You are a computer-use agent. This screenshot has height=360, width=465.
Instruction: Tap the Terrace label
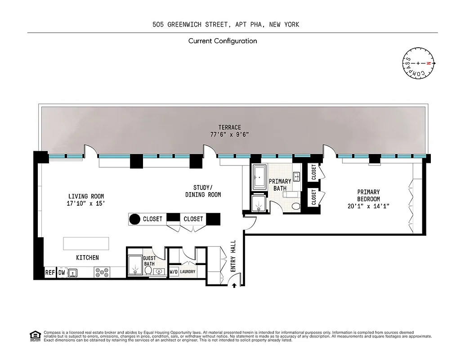pos(229,127)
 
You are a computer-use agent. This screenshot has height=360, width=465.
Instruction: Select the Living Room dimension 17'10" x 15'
pos(86,203)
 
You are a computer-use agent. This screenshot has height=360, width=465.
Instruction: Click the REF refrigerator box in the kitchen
pos(49,273)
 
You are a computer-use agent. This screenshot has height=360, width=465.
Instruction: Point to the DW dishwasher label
pos(62,273)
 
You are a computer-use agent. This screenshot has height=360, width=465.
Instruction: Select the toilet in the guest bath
pos(148,270)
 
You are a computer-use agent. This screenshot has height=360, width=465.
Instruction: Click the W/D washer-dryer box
pos(174,272)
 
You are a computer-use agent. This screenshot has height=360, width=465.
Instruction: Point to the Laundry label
pos(188,272)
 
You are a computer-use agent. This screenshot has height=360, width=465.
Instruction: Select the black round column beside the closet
pos(135,219)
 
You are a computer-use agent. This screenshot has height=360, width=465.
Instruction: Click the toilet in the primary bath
pos(296,206)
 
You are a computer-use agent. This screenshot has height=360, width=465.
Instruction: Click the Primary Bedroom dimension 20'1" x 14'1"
pos(368,206)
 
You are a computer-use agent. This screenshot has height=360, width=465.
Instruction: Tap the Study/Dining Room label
pos(203,191)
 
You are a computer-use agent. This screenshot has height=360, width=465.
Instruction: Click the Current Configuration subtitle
pos(223,41)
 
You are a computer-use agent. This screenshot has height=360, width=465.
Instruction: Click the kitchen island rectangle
pos(86,243)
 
